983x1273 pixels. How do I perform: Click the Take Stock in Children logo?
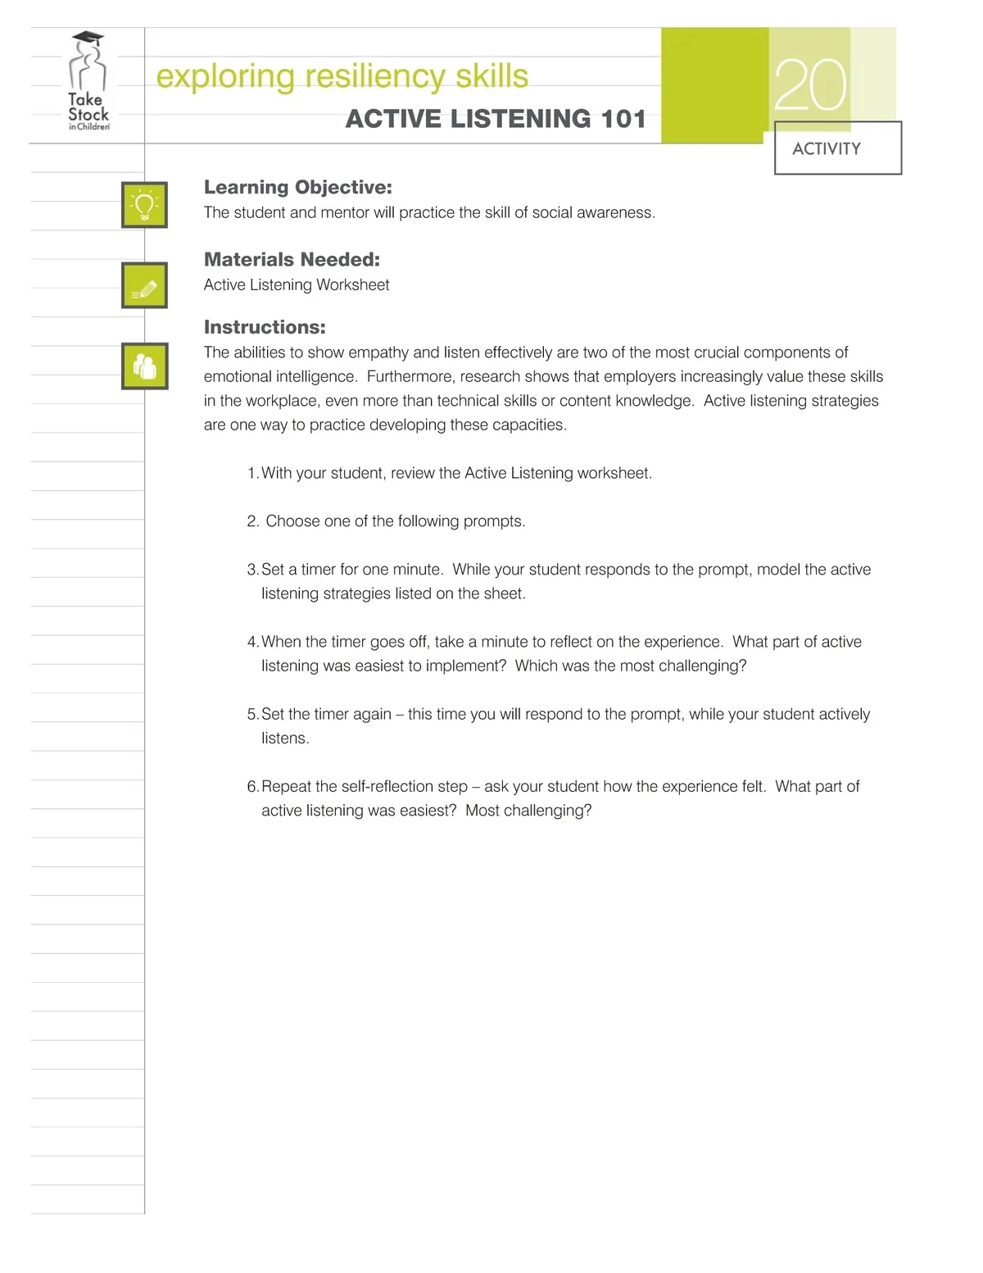pos(88,82)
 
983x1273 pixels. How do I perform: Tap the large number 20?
pos(809,85)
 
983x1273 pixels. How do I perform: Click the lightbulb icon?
pos(145,205)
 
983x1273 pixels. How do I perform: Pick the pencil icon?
pos(145,285)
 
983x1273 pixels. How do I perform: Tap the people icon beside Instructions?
pos(145,366)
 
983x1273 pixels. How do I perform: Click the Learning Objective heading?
pos(297,188)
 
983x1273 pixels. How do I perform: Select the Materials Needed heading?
pos(292,260)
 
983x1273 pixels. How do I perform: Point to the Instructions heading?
pos(265,327)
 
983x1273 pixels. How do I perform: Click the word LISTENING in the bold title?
pos(520,119)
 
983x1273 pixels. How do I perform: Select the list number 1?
pos(252,474)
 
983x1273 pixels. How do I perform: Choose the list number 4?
pos(252,642)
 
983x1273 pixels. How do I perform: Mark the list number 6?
pos(252,787)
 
